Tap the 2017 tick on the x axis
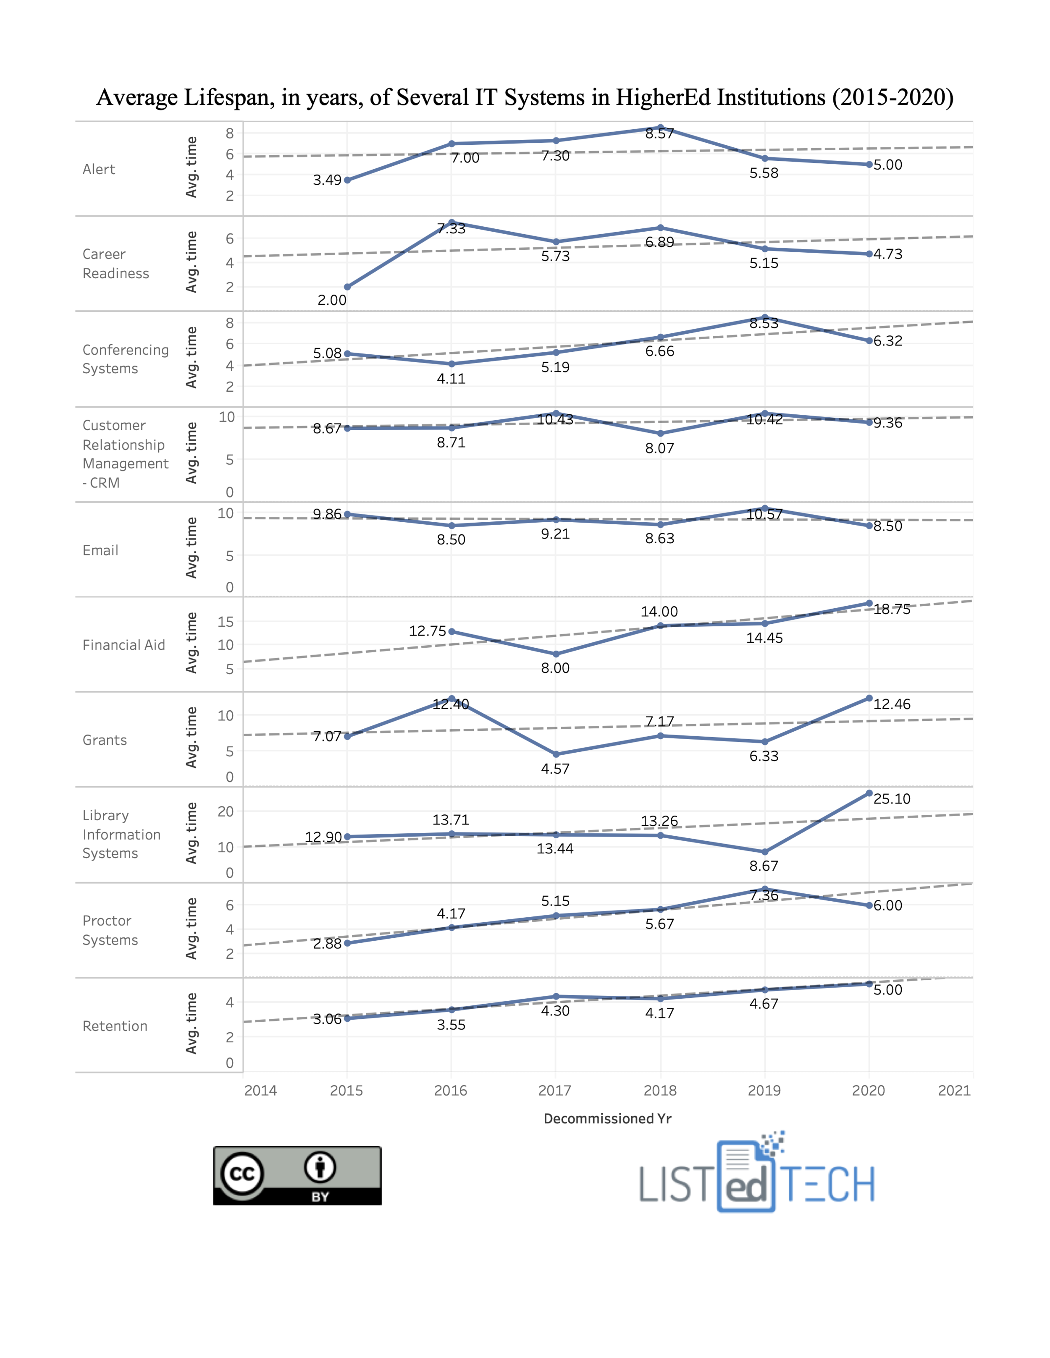coord(554,1090)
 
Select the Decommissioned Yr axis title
coord(607,1119)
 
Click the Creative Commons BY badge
coord(297,1175)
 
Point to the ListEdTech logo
coord(756,1174)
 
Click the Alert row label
coord(99,169)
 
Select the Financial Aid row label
coord(124,645)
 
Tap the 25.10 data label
coord(891,799)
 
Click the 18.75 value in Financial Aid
coord(891,610)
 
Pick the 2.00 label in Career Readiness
coord(331,300)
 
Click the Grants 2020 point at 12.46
coord(869,698)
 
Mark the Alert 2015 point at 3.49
coord(347,181)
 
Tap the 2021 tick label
coord(953,1090)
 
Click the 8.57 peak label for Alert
coord(659,133)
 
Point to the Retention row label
coord(115,1026)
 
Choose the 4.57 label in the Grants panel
coord(555,769)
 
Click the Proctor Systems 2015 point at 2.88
coord(347,943)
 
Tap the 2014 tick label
coord(260,1090)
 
